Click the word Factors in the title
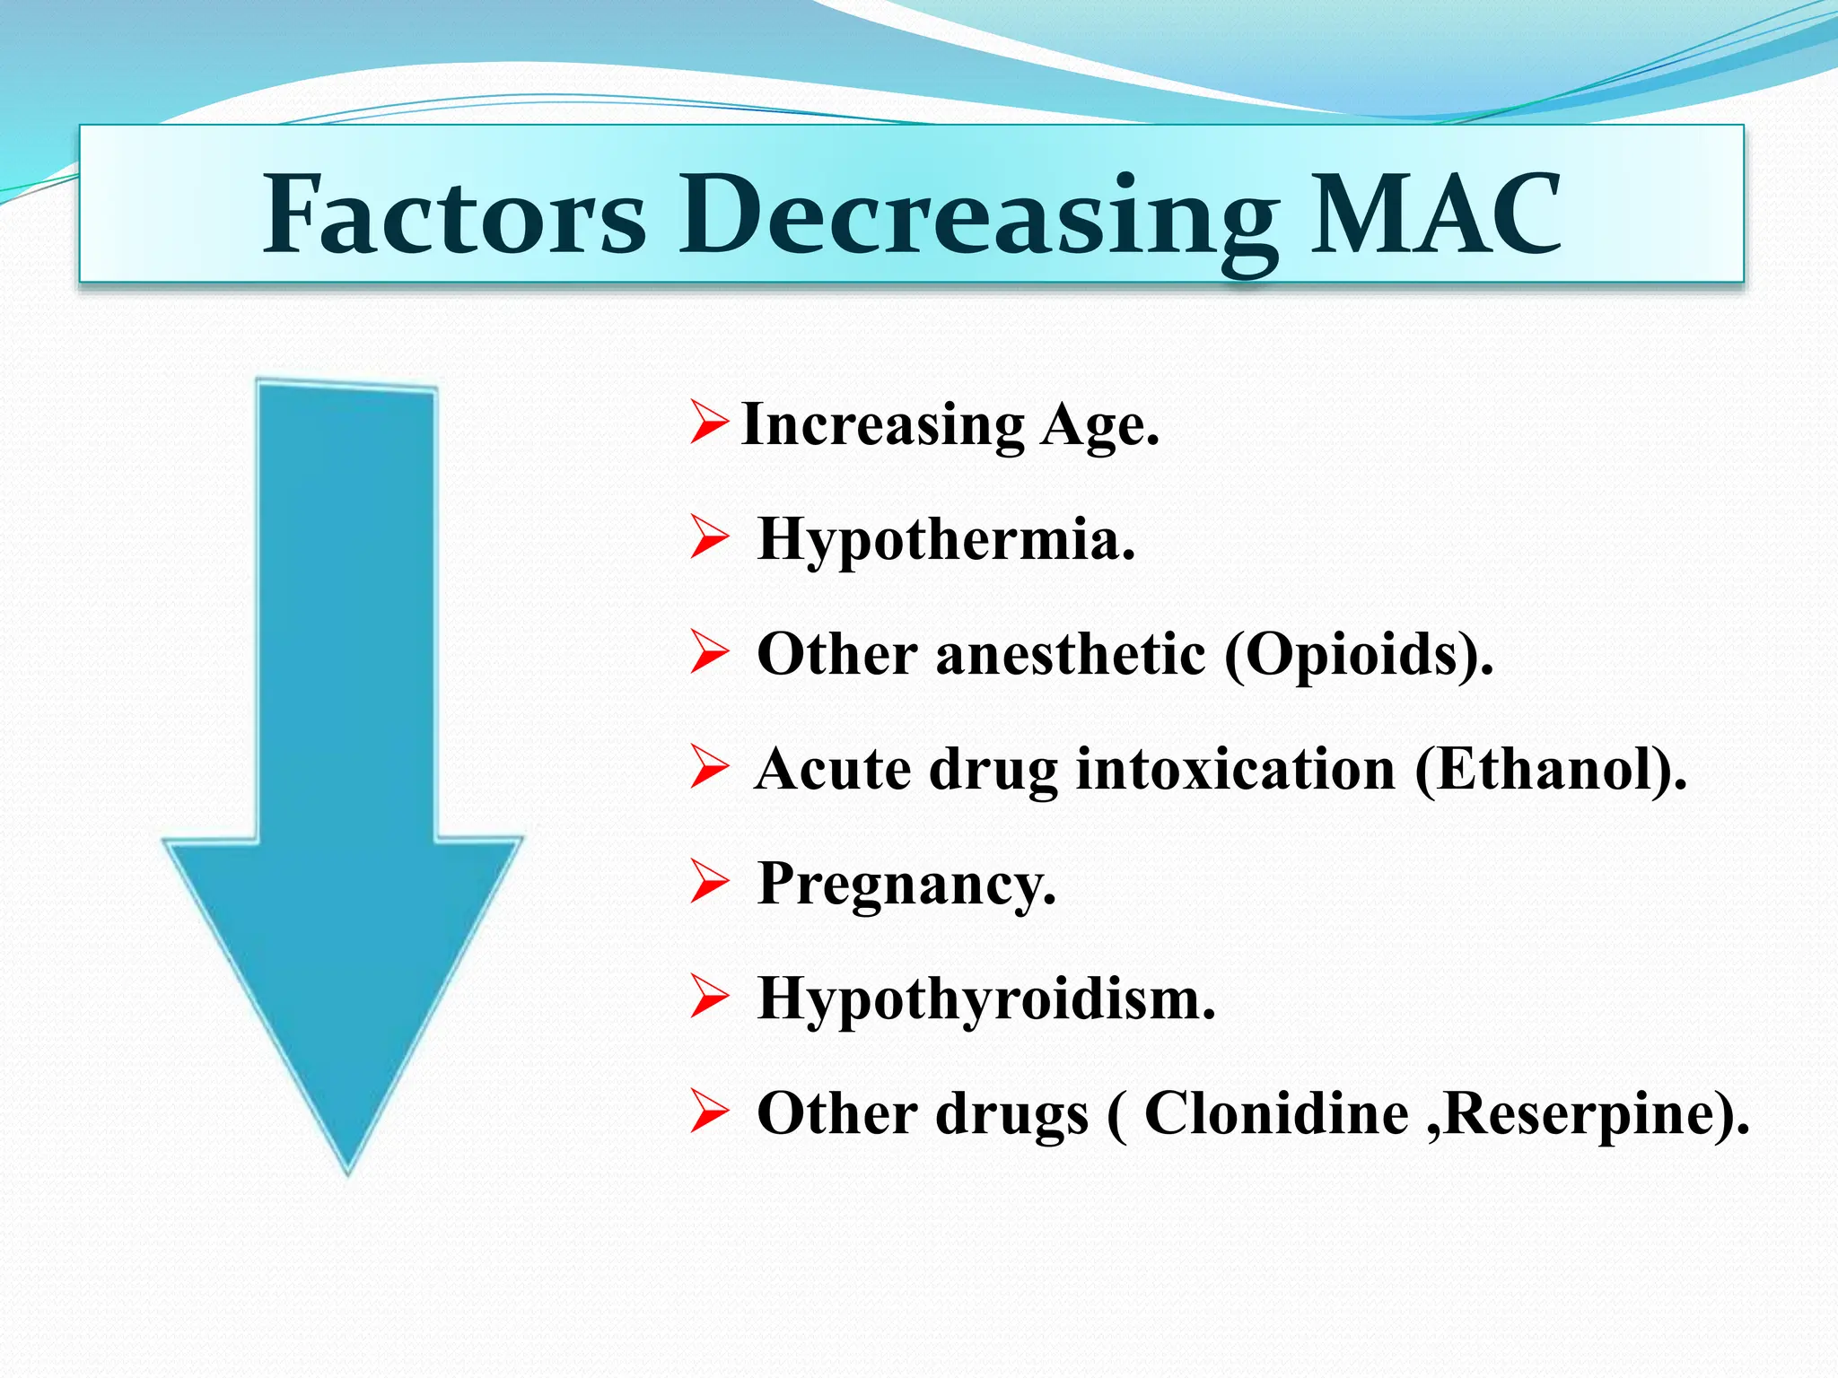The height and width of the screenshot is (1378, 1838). click(454, 215)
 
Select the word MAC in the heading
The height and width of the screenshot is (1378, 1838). click(1435, 215)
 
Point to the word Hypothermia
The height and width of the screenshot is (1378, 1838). click(946, 540)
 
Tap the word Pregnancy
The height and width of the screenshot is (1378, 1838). click(906, 885)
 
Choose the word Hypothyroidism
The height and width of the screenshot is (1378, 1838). click(986, 999)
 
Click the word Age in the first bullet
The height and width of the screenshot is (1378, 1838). click(1099, 425)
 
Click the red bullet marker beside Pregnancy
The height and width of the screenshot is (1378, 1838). click(708, 883)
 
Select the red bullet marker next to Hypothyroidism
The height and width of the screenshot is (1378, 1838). click(708, 998)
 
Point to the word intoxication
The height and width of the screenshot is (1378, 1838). click(1236, 770)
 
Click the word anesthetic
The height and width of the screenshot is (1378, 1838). click(1071, 654)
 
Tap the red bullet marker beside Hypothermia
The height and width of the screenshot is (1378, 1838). click(708, 538)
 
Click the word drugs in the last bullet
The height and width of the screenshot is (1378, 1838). click(1011, 1114)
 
